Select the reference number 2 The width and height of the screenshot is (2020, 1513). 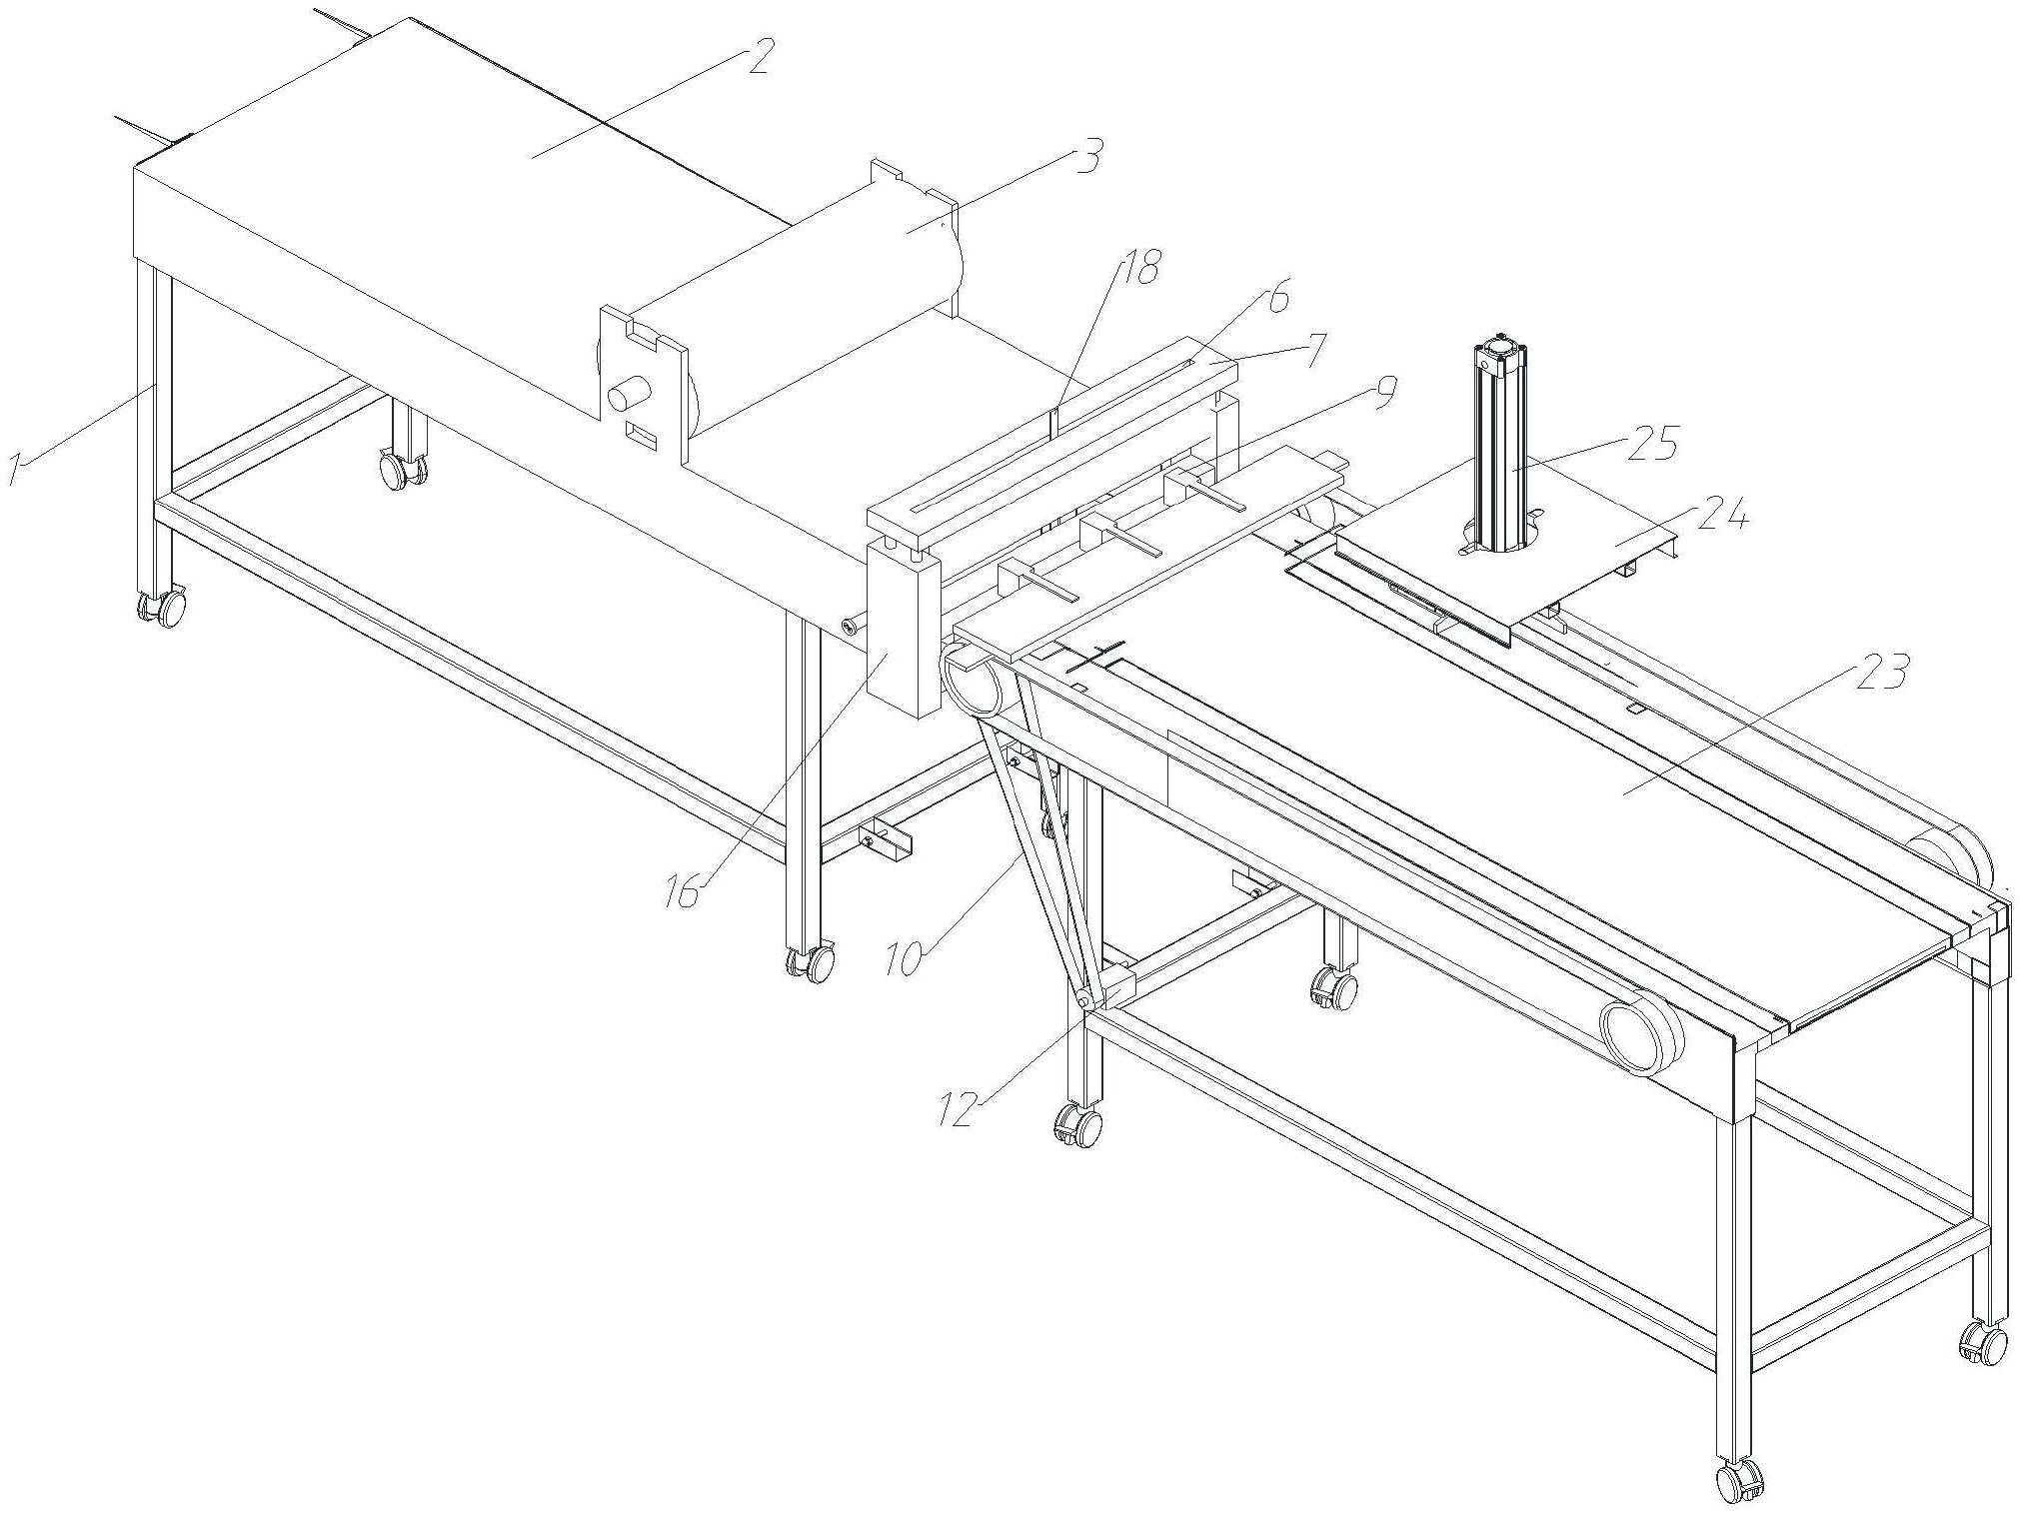tap(756, 58)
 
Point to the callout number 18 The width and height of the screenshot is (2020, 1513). tap(1140, 267)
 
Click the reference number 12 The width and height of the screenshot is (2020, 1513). tap(961, 1109)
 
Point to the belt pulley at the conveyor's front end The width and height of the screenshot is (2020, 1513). tap(1641, 1038)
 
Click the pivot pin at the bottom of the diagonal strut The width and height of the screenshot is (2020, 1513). tap(1082, 999)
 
